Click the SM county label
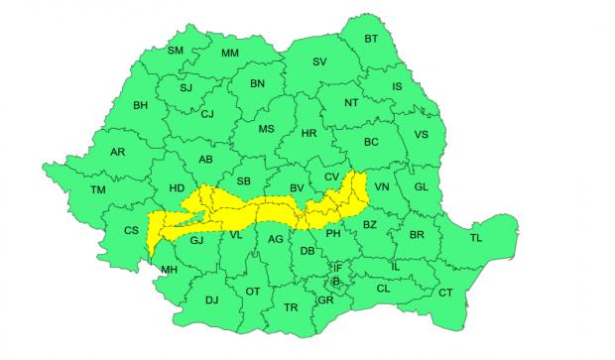pyautogui.click(x=176, y=51)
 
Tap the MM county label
pyautogui.click(x=230, y=53)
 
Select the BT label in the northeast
pyautogui.click(x=372, y=39)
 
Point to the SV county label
pyautogui.click(x=319, y=61)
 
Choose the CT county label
pyautogui.click(x=445, y=293)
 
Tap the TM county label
pyautogui.click(x=97, y=189)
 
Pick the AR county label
pyautogui.click(x=117, y=152)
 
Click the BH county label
pyautogui.click(x=140, y=105)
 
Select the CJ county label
pyautogui.click(x=207, y=114)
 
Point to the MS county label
pyautogui.click(x=266, y=129)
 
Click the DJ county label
pyautogui.click(x=211, y=299)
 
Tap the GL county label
pyautogui.click(x=421, y=186)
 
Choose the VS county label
pyautogui.click(x=421, y=135)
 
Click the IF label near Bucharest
pyautogui.click(x=337, y=267)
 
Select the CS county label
pyautogui.click(x=131, y=230)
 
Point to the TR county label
pyautogui.click(x=291, y=307)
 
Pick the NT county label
pyautogui.click(x=350, y=102)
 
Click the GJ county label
pyautogui.click(x=196, y=240)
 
